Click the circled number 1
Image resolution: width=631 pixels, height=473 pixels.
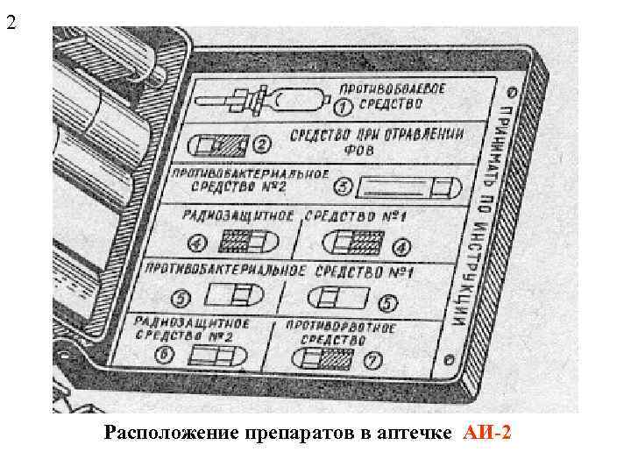coord(344,107)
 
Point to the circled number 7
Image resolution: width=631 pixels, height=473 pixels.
coord(372,359)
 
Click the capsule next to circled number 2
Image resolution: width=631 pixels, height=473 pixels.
coord(221,142)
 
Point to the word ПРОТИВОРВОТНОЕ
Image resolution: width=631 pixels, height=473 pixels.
coord(345,326)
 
